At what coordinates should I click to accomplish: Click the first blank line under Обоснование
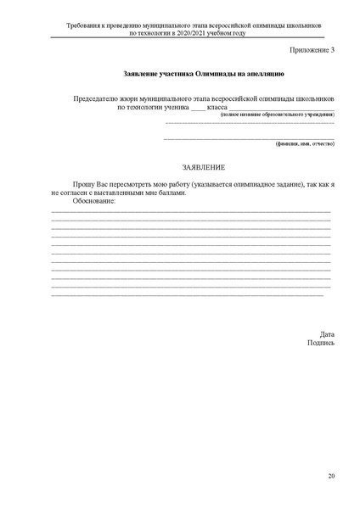(x=190, y=210)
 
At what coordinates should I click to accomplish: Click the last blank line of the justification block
(x=187, y=294)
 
